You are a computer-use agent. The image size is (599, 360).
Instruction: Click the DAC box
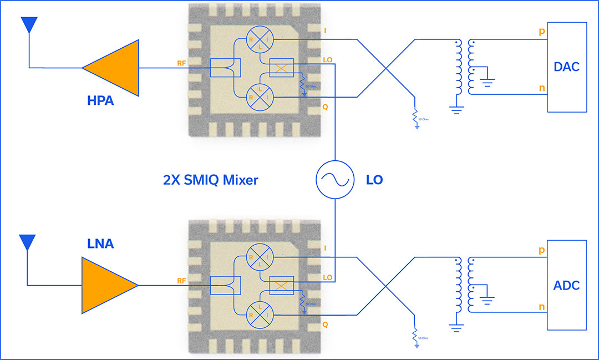[x=567, y=67]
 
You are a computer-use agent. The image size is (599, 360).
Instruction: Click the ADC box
[x=567, y=285]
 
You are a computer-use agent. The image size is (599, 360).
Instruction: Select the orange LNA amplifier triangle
[x=105, y=286]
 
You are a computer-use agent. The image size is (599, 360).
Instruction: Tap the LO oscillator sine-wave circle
[x=335, y=180]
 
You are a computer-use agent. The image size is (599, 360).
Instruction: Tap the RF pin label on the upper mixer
[x=181, y=63]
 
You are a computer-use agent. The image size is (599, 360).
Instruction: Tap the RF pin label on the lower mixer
[x=181, y=281]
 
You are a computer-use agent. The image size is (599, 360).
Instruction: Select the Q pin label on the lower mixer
[x=325, y=325]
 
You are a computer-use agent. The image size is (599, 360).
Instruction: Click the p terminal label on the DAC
[x=542, y=32]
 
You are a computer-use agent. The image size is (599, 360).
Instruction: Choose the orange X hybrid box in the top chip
[x=281, y=68]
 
